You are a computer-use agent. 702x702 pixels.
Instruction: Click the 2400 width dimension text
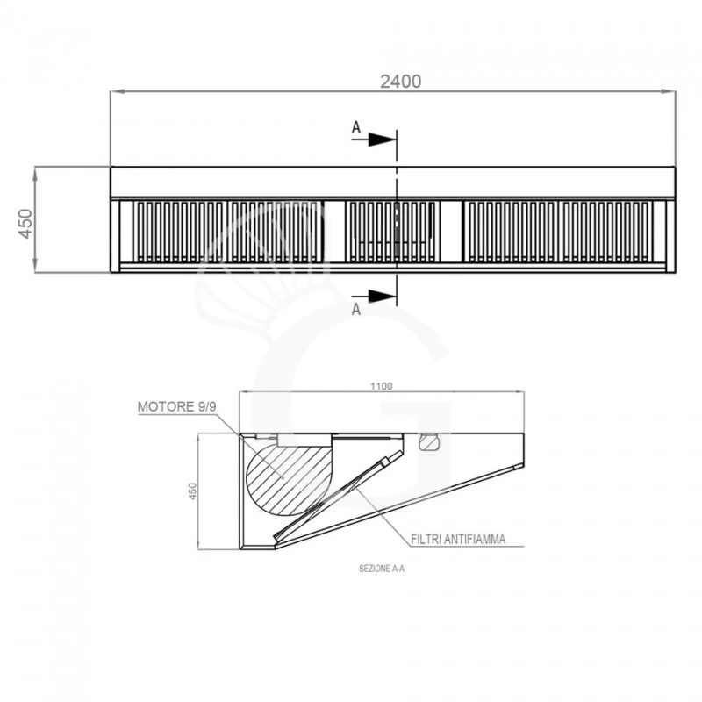point(401,82)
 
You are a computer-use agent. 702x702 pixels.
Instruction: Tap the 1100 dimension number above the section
point(382,386)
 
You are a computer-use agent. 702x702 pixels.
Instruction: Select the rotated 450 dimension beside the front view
point(25,224)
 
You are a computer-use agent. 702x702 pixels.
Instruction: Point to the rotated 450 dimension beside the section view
point(192,491)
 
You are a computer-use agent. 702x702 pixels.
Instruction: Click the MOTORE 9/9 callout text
point(177,406)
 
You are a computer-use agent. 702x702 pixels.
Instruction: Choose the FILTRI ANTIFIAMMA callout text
point(458,539)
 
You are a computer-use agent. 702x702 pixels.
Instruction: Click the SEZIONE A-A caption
point(382,569)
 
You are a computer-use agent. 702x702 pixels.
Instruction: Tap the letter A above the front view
point(356,127)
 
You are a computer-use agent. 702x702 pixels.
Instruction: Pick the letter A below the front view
point(356,310)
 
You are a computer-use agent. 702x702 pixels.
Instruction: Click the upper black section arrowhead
point(383,140)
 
